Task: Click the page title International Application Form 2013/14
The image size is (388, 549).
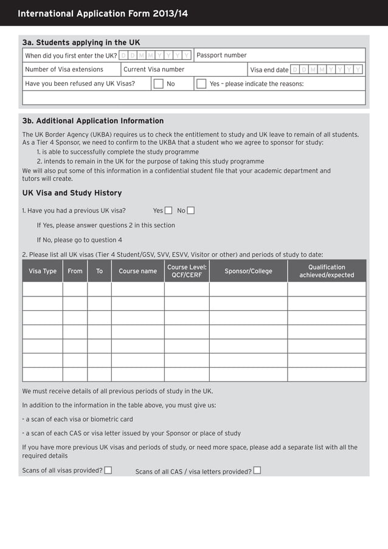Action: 103,13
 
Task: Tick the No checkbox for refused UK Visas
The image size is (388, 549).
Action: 158,84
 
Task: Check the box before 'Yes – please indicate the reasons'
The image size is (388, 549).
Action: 201,84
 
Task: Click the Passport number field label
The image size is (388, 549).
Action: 221,55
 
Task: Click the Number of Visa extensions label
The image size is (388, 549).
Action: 64,69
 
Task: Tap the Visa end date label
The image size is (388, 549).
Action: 269,70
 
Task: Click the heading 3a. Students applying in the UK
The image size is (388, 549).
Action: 81,43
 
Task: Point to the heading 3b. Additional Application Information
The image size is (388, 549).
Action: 93,121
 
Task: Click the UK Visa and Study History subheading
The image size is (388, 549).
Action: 72,193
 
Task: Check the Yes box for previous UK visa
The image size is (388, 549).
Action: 168,211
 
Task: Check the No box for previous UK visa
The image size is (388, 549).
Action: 191,211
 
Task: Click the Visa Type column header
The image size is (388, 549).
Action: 43,271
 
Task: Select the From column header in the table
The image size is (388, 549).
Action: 75,271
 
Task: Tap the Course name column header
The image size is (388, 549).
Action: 137,271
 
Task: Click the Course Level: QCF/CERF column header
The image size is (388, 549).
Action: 187,271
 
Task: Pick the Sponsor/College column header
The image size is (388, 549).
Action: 248,271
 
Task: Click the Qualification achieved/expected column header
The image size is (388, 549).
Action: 327,271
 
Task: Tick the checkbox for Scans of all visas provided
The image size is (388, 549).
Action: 108,470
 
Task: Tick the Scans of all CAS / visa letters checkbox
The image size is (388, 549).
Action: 257,470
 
